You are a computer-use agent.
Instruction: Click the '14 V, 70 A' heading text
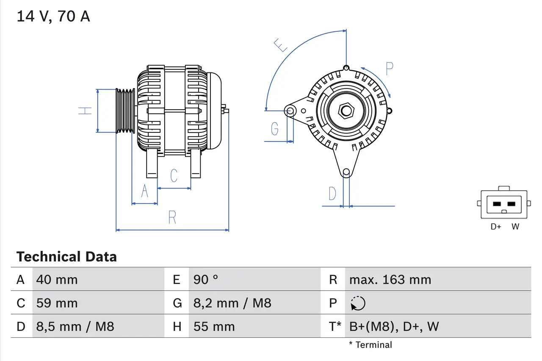pyautogui.click(x=53, y=17)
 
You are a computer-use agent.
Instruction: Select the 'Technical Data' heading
pyautogui.click(x=66, y=256)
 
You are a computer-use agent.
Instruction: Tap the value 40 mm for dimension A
pyautogui.click(x=57, y=280)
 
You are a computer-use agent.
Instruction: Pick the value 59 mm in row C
pyautogui.click(x=57, y=303)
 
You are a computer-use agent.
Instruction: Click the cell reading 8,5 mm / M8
pyautogui.click(x=75, y=326)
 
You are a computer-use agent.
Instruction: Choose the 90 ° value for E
pyautogui.click(x=206, y=280)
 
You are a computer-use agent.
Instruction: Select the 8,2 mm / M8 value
pyautogui.click(x=232, y=303)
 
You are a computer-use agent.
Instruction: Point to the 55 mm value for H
pyautogui.click(x=214, y=326)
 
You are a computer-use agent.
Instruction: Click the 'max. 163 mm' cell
pyautogui.click(x=390, y=280)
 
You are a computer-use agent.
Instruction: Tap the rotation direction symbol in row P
pyautogui.click(x=358, y=303)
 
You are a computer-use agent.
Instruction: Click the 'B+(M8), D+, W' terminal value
pyautogui.click(x=394, y=326)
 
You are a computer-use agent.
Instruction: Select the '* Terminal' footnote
pyautogui.click(x=371, y=345)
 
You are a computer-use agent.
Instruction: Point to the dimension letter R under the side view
pyautogui.click(x=172, y=217)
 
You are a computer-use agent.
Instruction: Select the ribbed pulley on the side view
pyautogui.click(x=125, y=111)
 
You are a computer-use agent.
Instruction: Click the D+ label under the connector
pyautogui.click(x=496, y=227)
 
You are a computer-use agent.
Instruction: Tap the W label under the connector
pyautogui.click(x=515, y=227)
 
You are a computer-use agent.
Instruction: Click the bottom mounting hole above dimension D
pyautogui.click(x=346, y=172)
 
